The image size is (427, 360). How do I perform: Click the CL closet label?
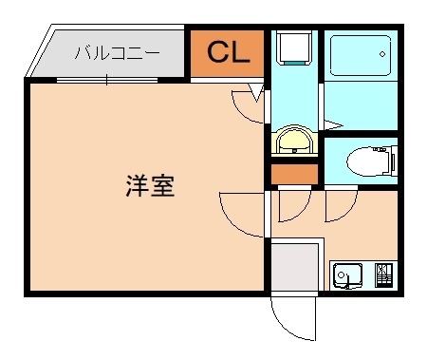pos(228,53)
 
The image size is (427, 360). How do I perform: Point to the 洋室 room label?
pos(149,186)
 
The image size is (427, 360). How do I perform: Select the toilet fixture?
pos(365,161)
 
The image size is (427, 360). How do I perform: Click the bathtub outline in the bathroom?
pos(359,58)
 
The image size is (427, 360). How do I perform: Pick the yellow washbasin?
pos(294,142)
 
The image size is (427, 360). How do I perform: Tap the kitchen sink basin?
pos(348,275)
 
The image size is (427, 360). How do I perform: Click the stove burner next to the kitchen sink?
pos(383,275)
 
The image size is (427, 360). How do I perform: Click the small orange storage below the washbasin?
pos(294,175)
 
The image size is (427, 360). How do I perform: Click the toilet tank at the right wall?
pos(390,161)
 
